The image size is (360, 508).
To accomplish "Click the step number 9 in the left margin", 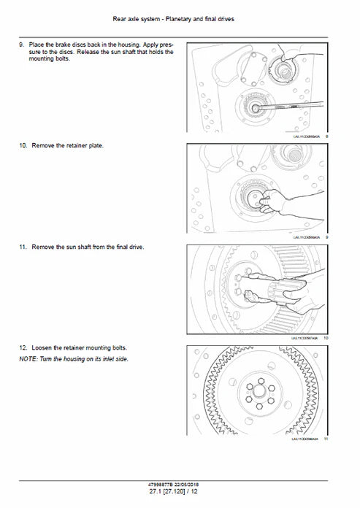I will coord(21,45).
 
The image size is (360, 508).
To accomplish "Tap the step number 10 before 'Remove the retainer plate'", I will coord(23,146).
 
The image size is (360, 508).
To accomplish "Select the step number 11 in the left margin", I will coord(23,247).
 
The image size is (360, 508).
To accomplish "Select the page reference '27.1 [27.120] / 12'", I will coord(180,495).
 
